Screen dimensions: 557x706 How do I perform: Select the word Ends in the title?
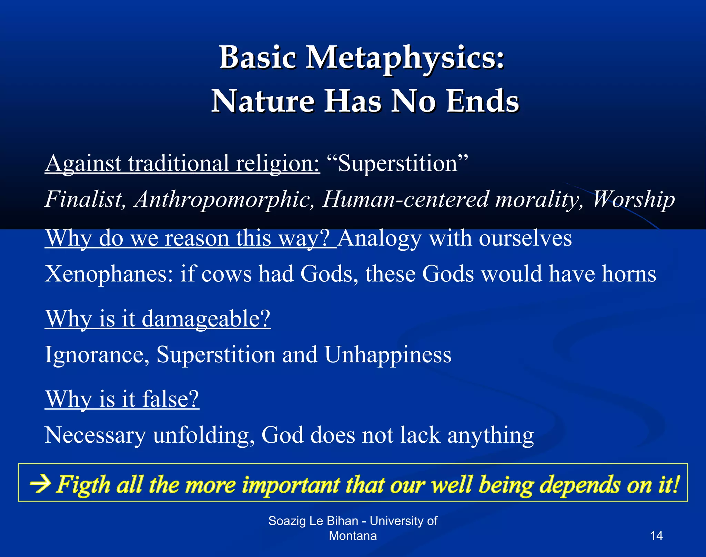(483, 101)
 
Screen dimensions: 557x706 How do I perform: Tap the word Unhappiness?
(388, 355)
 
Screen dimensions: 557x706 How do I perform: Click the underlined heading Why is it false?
(122, 400)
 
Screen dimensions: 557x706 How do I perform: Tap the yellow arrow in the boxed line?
(40, 484)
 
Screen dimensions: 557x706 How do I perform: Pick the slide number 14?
(656, 536)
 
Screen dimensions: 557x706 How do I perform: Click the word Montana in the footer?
(353, 536)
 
